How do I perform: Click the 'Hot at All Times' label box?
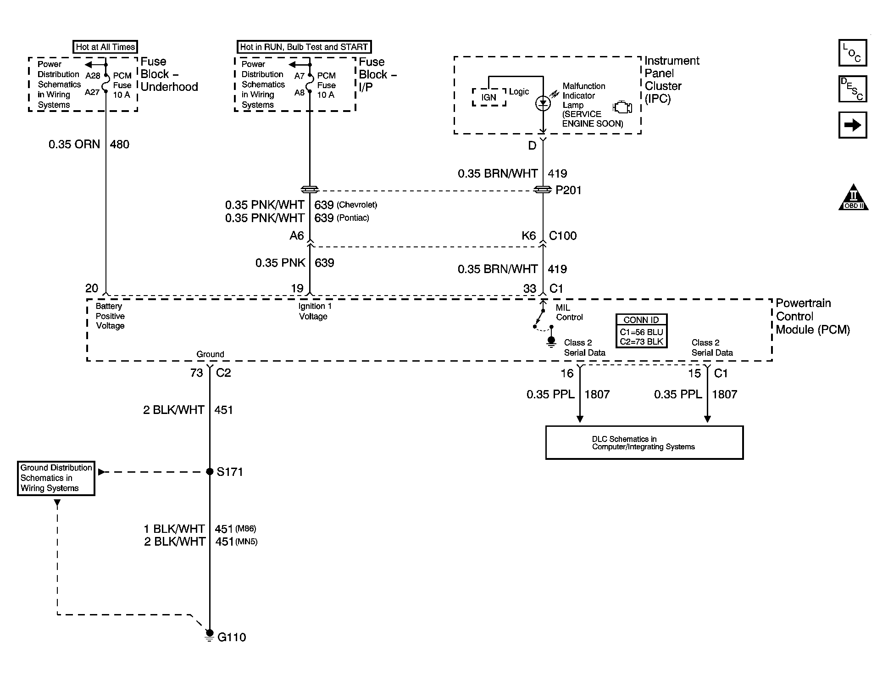click(105, 47)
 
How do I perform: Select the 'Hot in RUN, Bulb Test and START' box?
click(304, 47)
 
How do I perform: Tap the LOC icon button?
click(852, 53)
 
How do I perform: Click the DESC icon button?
click(852, 89)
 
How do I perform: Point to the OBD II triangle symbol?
click(853, 198)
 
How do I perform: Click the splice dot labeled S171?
click(210, 471)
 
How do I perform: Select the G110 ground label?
click(232, 637)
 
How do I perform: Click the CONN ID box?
click(641, 331)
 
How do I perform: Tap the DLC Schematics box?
click(644, 442)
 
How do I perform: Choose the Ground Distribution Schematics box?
click(56, 478)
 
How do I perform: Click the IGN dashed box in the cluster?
click(489, 97)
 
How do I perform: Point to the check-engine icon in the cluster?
click(622, 107)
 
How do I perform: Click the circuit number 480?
click(120, 144)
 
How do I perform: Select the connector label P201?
click(568, 190)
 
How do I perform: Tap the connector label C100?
click(563, 235)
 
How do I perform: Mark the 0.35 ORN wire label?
click(74, 144)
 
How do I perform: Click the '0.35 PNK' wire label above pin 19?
click(280, 263)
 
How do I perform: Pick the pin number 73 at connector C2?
click(196, 373)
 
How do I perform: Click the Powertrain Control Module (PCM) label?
click(812, 316)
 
